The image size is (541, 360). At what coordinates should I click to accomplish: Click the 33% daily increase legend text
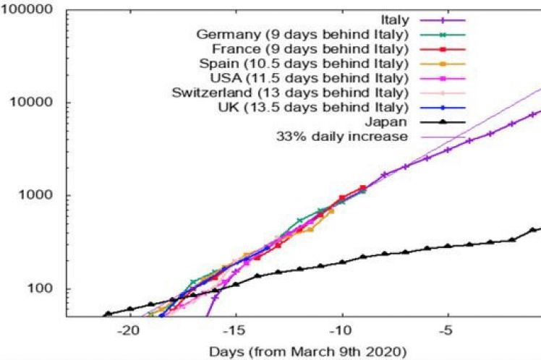point(342,136)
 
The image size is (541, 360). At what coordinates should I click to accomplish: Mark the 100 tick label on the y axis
point(43,288)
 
